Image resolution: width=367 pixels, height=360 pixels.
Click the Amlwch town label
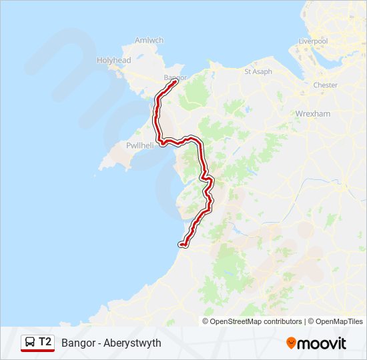[149, 40]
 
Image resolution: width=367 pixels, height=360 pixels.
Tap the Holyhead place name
[114, 60]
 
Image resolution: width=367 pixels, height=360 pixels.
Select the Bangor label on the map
[175, 77]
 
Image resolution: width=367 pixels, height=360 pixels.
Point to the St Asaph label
[258, 71]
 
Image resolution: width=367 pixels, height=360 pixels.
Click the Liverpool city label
[313, 41]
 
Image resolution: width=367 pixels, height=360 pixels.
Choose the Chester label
[326, 85]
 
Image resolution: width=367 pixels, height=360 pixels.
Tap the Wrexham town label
[313, 114]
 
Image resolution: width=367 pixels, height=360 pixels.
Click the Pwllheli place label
[140, 145]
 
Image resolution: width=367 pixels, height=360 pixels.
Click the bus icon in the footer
[30, 342]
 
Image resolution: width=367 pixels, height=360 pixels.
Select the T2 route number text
[45, 342]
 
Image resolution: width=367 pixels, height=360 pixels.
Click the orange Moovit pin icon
[291, 343]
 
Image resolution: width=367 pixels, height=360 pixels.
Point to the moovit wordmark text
[322, 343]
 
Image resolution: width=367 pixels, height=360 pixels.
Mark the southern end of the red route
[181, 245]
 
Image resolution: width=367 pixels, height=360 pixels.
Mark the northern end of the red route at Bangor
[175, 83]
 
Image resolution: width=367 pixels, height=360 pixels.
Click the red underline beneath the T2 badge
[37, 351]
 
